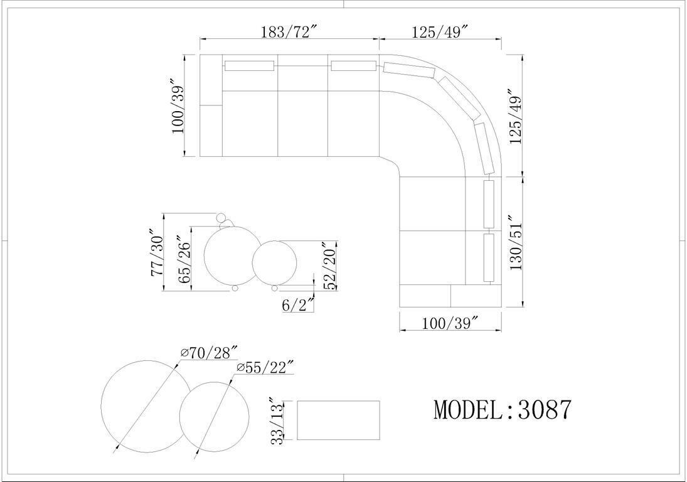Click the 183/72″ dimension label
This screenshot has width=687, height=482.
point(289,32)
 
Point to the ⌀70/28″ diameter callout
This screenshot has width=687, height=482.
point(209,352)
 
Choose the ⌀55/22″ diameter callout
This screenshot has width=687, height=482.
point(264,367)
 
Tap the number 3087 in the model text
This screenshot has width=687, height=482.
point(545,410)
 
